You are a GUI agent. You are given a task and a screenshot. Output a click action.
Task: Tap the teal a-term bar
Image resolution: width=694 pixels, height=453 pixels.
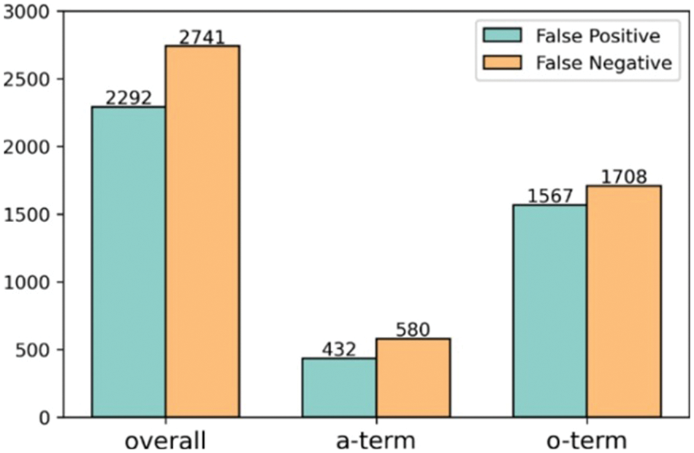point(339,387)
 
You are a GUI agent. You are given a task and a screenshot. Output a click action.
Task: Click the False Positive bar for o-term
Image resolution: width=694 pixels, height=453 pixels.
point(549,311)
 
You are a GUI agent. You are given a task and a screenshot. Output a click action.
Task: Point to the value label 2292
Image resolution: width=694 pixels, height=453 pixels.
point(129,98)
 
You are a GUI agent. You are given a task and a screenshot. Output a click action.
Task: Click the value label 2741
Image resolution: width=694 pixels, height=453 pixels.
point(202,37)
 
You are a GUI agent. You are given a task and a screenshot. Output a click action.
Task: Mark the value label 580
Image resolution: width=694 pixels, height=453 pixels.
point(413,330)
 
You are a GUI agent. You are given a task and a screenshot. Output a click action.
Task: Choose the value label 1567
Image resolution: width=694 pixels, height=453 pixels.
point(549,196)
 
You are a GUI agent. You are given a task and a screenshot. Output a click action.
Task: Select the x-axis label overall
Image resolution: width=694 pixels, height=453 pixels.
point(165,441)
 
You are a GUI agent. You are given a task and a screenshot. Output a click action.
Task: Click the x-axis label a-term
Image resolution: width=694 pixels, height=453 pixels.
point(375,441)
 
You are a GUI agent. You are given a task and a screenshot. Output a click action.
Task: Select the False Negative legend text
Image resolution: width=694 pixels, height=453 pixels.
point(603,63)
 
